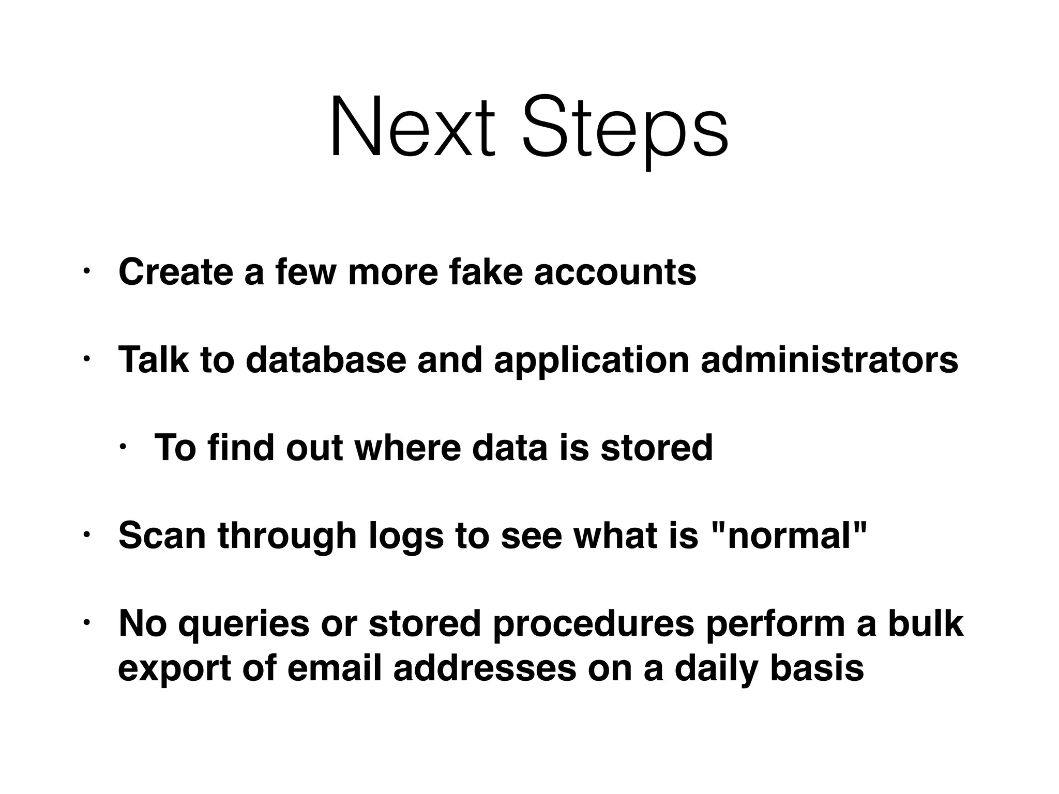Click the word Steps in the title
(625, 129)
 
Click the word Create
(175, 272)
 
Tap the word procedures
(593, 624)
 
